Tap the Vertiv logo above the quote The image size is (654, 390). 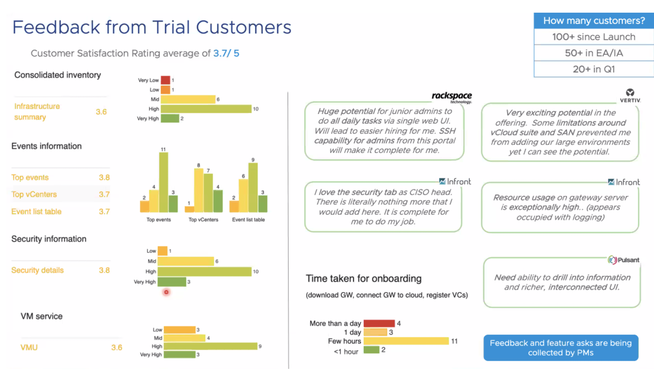(x=630, y=96)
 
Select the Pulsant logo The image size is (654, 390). (x=623, y=260)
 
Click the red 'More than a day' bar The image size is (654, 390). (x=379, y=323)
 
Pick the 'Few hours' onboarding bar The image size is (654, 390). (x=406, y=341)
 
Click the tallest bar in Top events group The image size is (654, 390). (x=163, y=182)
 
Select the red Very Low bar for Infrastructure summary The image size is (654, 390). (x=166, y=80)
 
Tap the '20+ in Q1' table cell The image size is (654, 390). (x=594, y=69)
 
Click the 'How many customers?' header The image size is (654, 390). (x=594, y=21)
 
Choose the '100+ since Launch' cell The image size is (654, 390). (x=594, y=37)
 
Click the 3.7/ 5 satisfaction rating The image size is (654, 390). (x=226, y=53)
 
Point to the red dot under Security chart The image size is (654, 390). (x=166, y=292)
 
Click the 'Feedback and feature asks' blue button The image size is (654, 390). (x=561, y=348)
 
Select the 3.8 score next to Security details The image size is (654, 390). (x=104, y=270)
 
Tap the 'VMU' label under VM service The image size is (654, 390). (x=29, y=347)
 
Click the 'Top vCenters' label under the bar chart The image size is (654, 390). (x=203, y=220)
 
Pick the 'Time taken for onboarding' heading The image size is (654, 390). (x=364, y=278)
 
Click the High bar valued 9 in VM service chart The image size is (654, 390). (x=210, y=346)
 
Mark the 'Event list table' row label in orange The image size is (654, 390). (x=36, y=212)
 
